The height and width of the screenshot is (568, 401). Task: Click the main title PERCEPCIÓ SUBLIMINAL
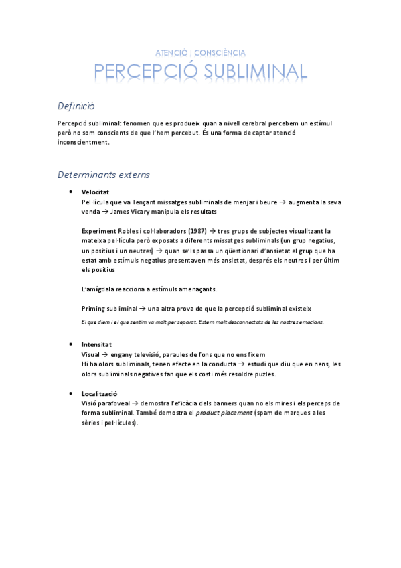coord(200,72)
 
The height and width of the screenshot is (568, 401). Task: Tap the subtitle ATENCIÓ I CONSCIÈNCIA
coord(200,52)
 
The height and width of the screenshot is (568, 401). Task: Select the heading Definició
coord(77,106)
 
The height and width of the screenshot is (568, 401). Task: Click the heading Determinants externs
coord(104,175)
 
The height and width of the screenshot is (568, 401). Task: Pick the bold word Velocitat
coord(94,192)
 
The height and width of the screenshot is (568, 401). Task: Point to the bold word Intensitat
coord(96,344)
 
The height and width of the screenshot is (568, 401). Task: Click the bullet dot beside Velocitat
coord(70,192)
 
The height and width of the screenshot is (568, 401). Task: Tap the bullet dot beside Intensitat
coord(70,344)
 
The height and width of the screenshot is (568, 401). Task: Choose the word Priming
coord(94,308)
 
